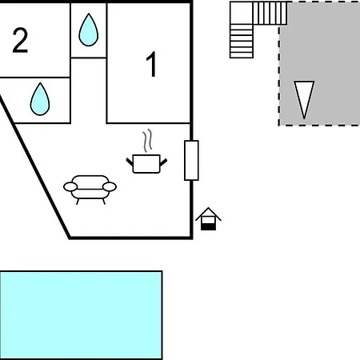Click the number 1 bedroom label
pyautogui.click(x=151, y=64)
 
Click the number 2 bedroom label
pyautogui.click(x=20, y=40)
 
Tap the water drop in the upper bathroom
pyautogui.click(x=89, y=30)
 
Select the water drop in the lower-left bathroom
pyautogui.click(x=40, y=99)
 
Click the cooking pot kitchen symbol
pyautogui.click(x=146, y=163)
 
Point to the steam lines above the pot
pyautogui.click(x=147, y=141)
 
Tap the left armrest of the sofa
pyautogui.click(x=70, y=187)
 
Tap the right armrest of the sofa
pyautogui.click(x=110, y=187)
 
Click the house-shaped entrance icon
pyautogui.click(x=208, y=218)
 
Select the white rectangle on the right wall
pyautogui.click(x=191, y=160)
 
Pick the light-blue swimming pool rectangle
pyautogui.click(x=81, y=315)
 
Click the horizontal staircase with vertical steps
pyautogui.click(x=270, y=13)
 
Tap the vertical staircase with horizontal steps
pyautogui.click(x=242, y=41)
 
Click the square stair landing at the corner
pyautogui.click(x=242, y=13)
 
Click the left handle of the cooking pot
pyautogui.click(x=130, y=162)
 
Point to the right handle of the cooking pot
pyautogui.click(x=163, y=162)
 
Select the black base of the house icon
pyautogui.click(x=208, y=227)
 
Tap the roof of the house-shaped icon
pyautogui.click(x=208, y=214)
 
